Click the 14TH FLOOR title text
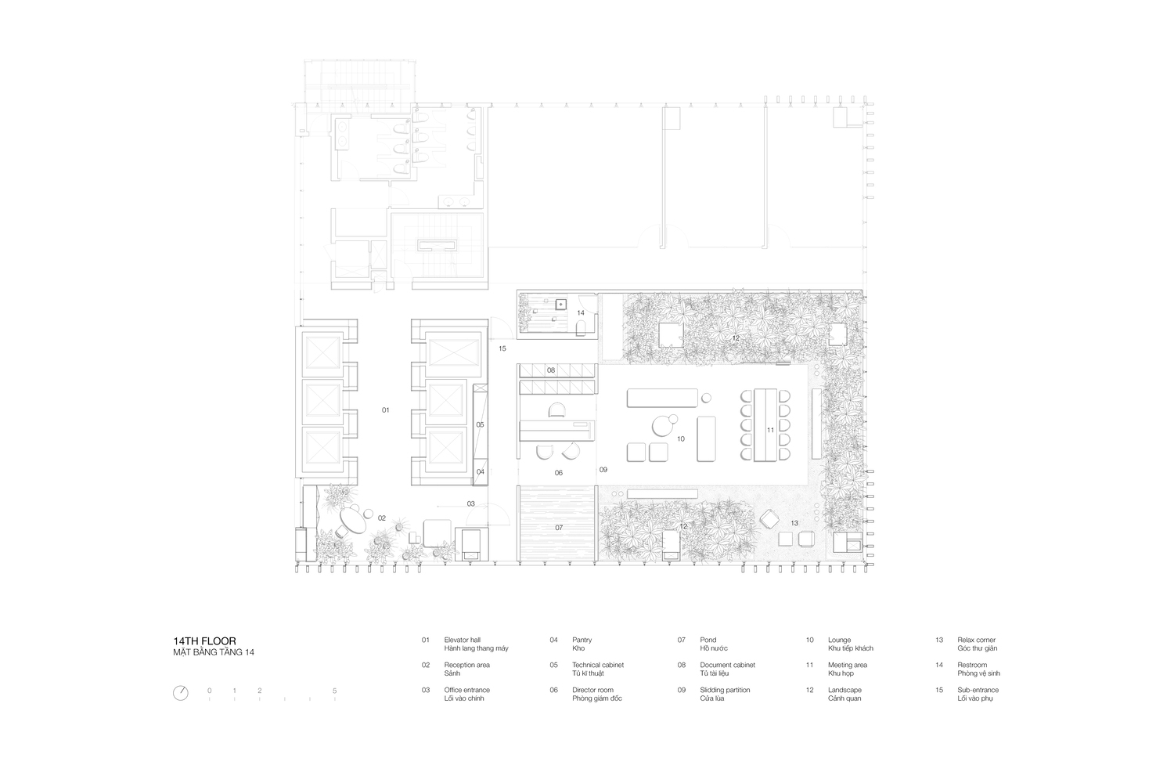click(x=204, y=640)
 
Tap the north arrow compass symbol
click(x=180, y=693)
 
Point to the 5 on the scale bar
click(x=334, y=691)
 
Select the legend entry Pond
click(x=708, y=640)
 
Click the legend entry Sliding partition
click(x=725, y=690)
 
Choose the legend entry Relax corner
click(x=977, y=640)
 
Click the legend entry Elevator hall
click(x=463, y=640)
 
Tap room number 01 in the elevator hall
click(x=385, y=410)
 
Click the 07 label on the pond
click(x=559, y=528)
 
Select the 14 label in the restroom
click(x=581, y=313)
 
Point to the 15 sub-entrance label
click(x=502, y=348)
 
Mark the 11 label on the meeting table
click(x=770, y=430)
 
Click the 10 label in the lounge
click(x=681, y=439)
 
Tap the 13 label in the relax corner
click(x=794, y=523)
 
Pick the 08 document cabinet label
click(x=551, y=370)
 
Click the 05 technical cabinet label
click(x=480, y=425)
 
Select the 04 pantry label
click(x=480, y=472)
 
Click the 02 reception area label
click(x=382, y=518)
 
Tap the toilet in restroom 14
click(x=581, y=328)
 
